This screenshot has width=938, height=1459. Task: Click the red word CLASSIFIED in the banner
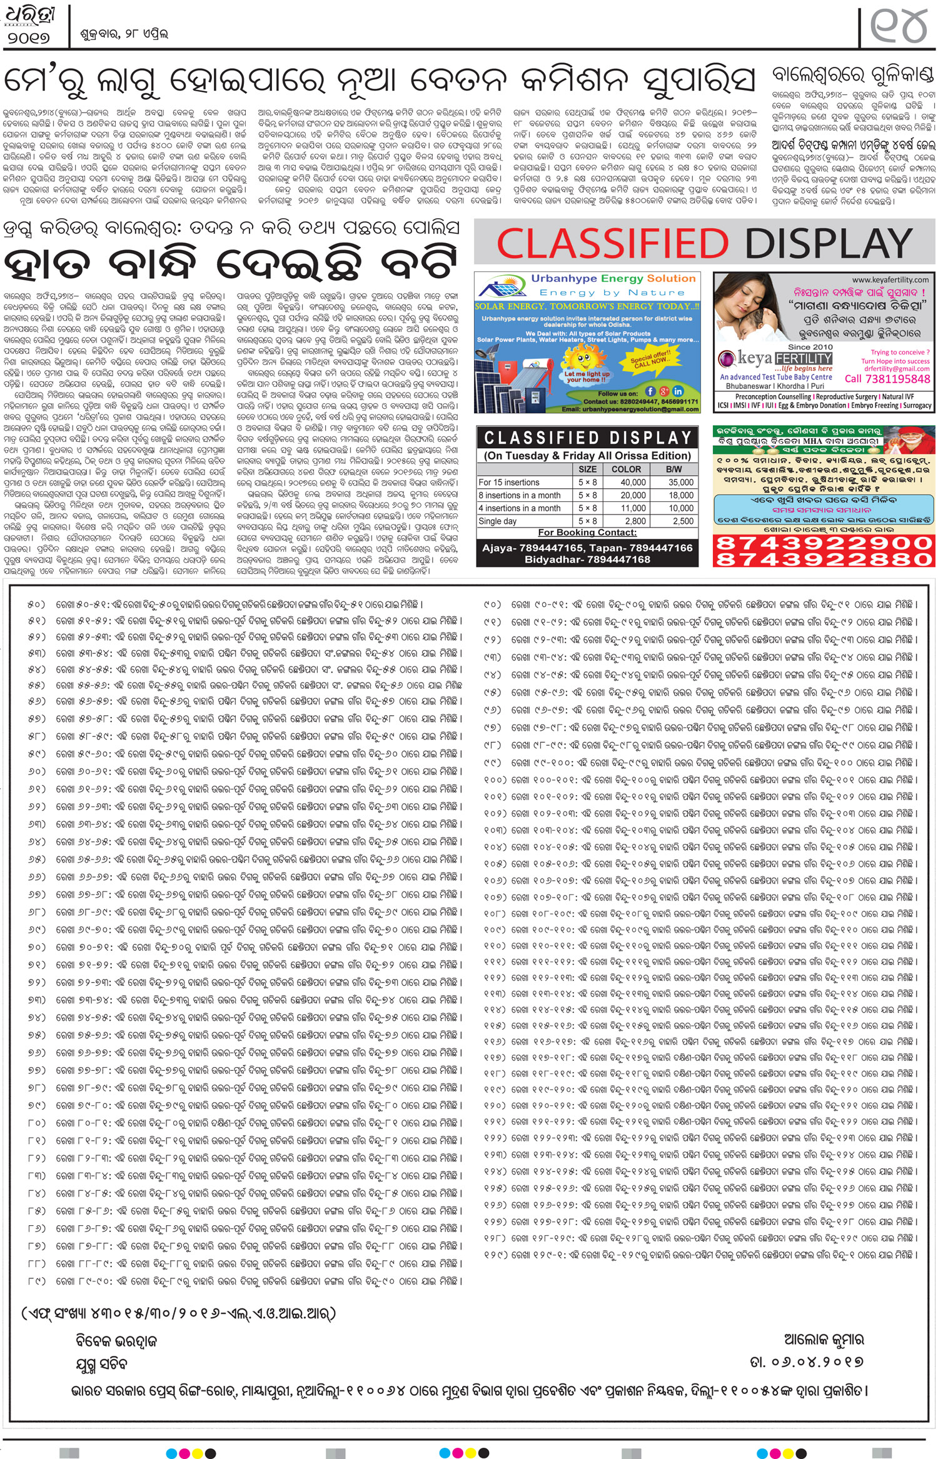click(x=612, y=243)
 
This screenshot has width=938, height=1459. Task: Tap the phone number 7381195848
click(x=887, y=379)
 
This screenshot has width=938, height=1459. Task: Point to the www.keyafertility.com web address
click(x=890, y=280)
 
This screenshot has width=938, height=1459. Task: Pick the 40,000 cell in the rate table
click(x=633, y=483)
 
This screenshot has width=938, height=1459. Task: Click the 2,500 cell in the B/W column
click(x=683, y=521)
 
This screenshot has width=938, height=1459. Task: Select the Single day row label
click(x=498, y=521)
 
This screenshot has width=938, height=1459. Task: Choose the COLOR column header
click(x=626, y=469)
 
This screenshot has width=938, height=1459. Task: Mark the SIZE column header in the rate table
click(x=587, y=469)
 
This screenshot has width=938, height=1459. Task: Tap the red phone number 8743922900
click(x=824, y=543)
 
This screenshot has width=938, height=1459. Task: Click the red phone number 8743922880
click(x=824, y=559)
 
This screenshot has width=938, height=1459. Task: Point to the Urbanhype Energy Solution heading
click(x=613, y=279)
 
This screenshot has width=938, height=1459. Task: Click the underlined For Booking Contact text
click(x=587, y=533)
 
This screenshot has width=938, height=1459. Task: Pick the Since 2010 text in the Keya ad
click(x=810, y=347)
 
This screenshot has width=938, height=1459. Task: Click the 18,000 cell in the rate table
click(x=681, y=495)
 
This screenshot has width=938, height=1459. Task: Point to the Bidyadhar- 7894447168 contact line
click(x=587, y=559)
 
